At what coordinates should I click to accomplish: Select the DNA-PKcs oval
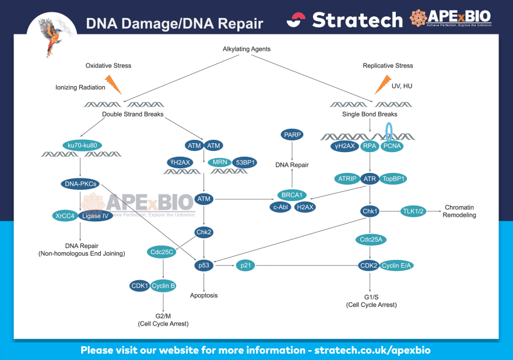pos(81,184)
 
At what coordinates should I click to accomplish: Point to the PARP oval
pos(292,135)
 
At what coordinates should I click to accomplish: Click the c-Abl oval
pos(280,206)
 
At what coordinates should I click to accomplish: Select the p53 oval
pos(203,266)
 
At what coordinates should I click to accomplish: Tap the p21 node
pos(245,266)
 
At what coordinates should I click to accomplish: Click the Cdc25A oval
pos(369,239)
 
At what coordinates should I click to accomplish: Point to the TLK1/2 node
pos(412,211)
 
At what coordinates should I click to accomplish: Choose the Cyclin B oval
pos(164,286)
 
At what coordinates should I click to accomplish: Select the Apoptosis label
pos(203,295)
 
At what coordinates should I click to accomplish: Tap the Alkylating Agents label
pos(247,49)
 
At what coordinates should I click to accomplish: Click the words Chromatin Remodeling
pos(460,211)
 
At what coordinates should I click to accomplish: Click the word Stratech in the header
pos(357,20)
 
